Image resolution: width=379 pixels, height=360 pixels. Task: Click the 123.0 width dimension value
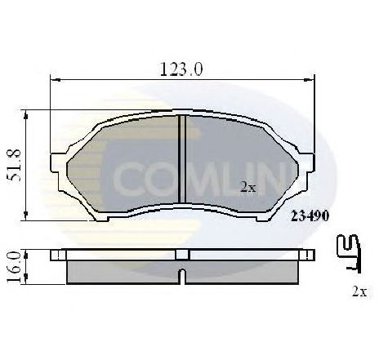click(181, 69)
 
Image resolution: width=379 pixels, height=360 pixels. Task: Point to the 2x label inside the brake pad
click(248, 187)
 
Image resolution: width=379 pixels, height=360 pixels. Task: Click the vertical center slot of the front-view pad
click(181, 155)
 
